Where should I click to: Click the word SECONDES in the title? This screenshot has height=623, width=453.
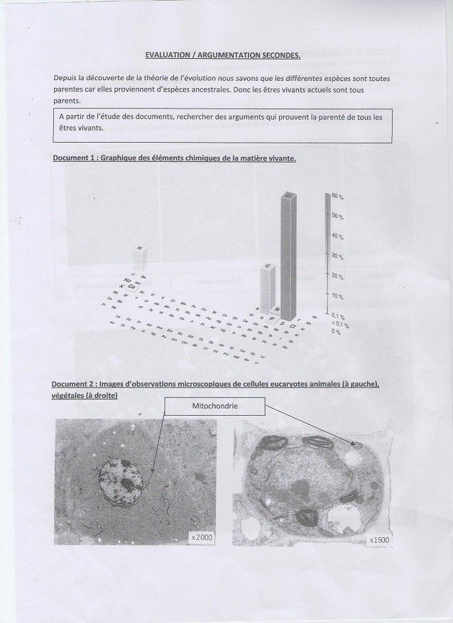point(276,53)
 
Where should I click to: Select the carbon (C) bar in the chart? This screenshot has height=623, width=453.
point(267,287)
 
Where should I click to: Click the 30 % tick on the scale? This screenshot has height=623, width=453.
point(337,255)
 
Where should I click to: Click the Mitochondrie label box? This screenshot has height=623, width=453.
point(214,406)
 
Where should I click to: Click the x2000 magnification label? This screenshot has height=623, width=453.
point(201,539)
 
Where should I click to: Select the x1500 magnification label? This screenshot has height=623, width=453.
point(380,541)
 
